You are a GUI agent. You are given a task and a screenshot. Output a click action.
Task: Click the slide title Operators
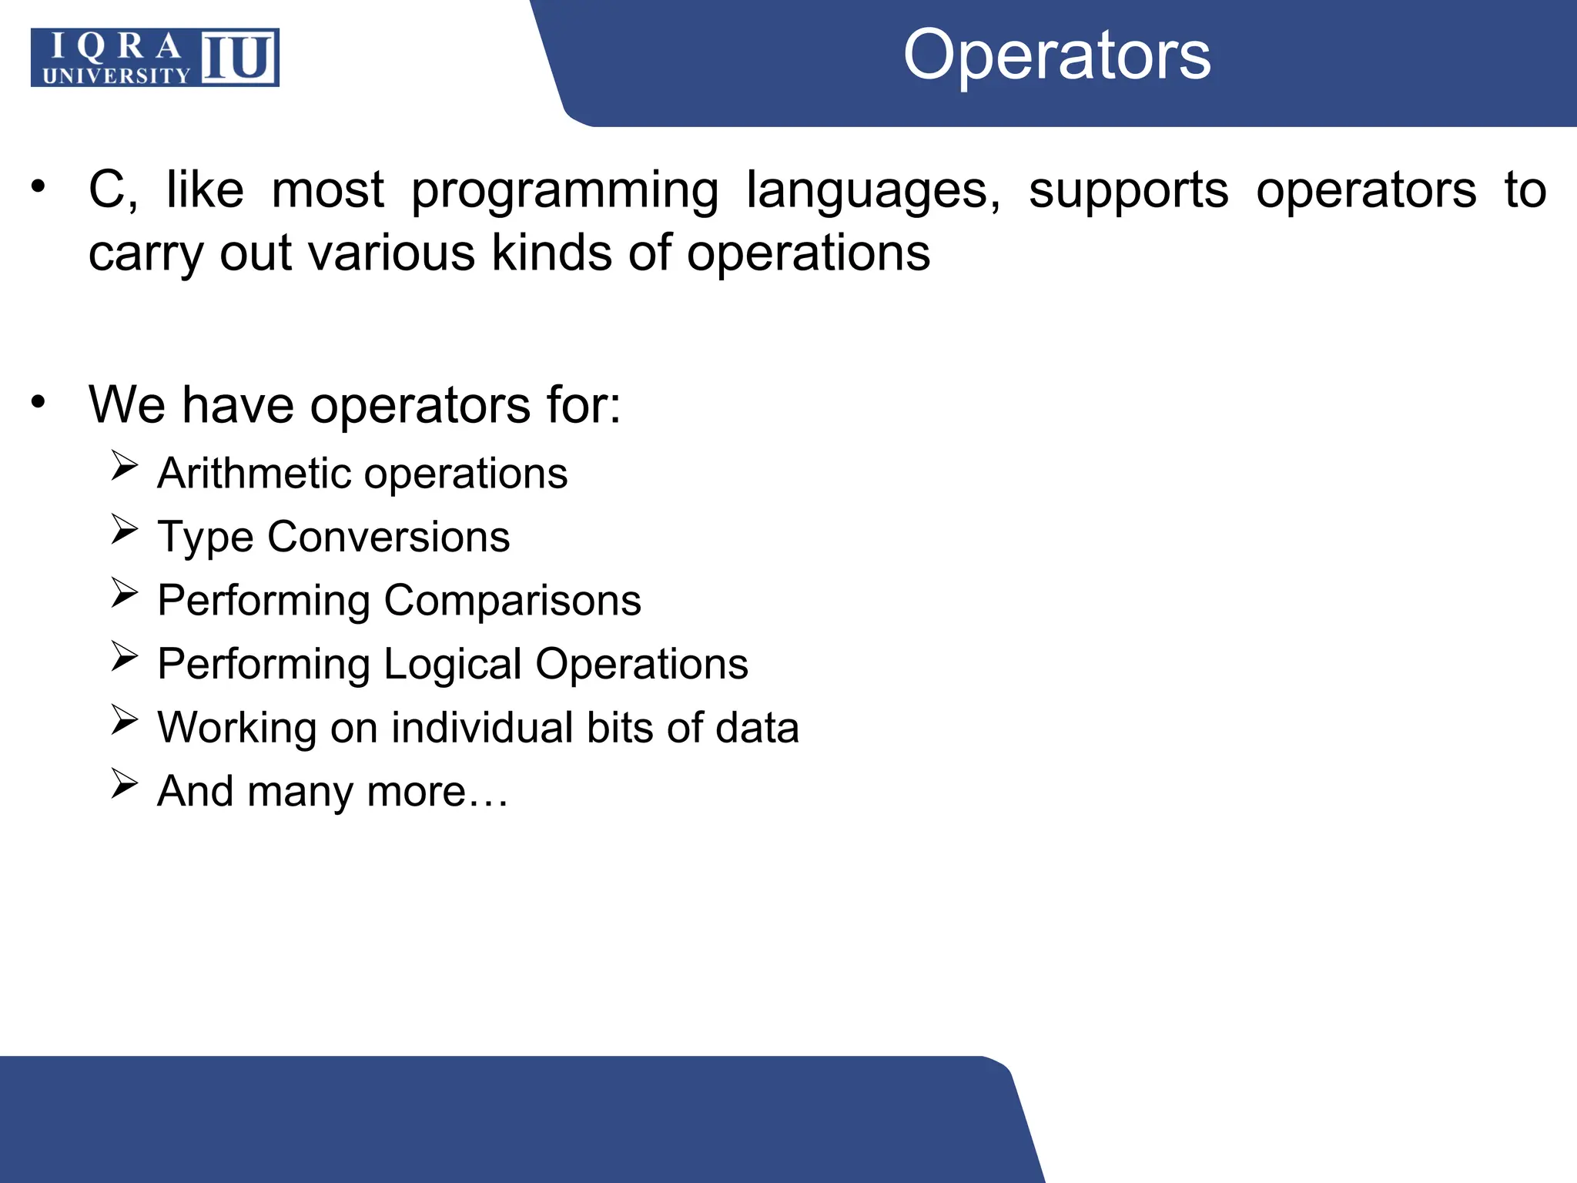coord(1056,55)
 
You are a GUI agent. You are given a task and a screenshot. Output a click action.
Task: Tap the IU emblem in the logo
coord(239,57)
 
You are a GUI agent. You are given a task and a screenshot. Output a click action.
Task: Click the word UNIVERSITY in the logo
coord(116,75)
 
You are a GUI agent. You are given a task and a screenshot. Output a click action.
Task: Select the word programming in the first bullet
coord(564,191)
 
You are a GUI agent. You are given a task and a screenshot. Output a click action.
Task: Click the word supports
coord(1128,191)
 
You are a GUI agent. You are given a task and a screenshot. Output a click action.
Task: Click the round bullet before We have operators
coord(39,402)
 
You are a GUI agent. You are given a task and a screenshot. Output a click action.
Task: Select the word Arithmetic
coord(254,473)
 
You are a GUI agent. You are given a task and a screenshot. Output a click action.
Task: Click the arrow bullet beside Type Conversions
coord(124,529)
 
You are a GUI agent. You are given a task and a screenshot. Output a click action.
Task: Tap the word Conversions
coord(388,537)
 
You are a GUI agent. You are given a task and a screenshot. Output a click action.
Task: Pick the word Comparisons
coord(512,601)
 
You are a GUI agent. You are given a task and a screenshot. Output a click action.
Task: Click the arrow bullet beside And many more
coord(124,783)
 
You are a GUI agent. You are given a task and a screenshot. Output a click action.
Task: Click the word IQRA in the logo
coord(116,48)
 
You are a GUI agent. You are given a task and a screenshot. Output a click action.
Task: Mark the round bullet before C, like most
coord(39,186)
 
